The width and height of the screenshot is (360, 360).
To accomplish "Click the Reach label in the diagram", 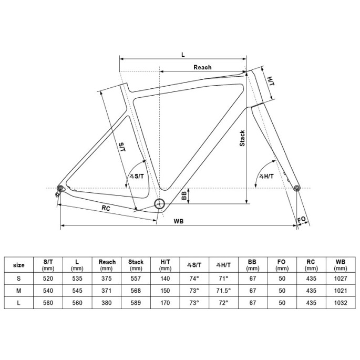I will click(202, 67).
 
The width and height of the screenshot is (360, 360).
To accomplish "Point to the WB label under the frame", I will click(178, 221).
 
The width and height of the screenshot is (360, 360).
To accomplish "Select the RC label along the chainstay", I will click(106, 208).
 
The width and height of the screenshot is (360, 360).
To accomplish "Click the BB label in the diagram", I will click(184, 196).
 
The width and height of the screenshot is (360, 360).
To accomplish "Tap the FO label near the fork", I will click(302, 219).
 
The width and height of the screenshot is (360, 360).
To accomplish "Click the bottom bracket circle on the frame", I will click(160, 204).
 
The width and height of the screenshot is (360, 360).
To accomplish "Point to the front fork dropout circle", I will click(297, 188).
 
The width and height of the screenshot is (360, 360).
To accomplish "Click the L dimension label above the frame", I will click(182, 54).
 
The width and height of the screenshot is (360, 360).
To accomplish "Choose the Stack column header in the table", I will click(136, 264).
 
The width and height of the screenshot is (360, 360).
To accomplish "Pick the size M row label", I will click(18, 290).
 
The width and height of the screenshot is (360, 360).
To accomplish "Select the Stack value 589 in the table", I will click(136, 302).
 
